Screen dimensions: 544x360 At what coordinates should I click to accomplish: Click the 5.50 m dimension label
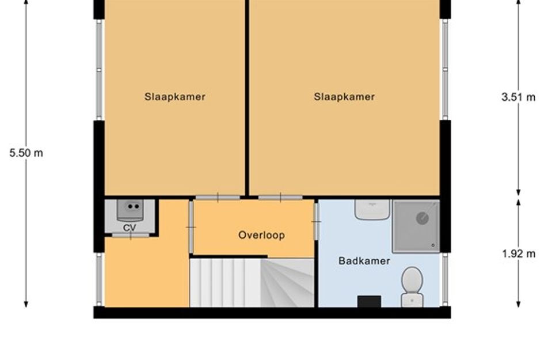coord(26,153)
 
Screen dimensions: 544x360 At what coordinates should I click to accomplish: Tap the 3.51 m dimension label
coord(518,97)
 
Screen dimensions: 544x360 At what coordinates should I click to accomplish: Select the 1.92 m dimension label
coord(519,254)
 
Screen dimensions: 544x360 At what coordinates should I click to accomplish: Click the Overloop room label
coord(261,235)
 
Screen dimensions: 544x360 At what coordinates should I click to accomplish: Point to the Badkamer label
coord(364,261)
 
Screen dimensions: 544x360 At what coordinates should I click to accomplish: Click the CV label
coord(130,228)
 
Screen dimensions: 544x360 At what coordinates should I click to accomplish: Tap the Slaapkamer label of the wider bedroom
coord(344,97)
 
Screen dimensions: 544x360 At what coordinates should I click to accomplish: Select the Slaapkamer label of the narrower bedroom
coord(175,97)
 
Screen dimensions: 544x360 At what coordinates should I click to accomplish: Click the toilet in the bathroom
coord(412,287)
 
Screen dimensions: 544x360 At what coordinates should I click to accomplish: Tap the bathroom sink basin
coord(372,209)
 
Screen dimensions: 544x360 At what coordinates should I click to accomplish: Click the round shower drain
coord(422,218)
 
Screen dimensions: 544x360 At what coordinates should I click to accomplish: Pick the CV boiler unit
coord(130,210)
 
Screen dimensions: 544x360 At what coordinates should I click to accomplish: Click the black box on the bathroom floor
coord(369,301)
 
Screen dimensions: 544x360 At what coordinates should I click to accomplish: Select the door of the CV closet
coord(131,236)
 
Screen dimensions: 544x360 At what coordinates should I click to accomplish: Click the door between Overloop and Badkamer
coord(317,222)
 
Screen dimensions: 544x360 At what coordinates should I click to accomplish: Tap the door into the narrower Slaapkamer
coord(218,198)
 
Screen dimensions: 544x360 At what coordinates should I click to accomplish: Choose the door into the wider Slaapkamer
coord(280,198)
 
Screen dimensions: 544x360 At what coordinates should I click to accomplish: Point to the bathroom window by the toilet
coord(445,279)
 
